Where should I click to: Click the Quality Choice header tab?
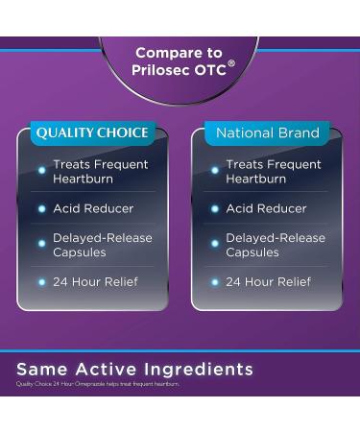coord(92,133)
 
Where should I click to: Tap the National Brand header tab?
coord(267,133)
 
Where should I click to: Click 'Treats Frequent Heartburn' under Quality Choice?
coord(100,172)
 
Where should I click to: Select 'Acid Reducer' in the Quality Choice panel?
coord(93,208)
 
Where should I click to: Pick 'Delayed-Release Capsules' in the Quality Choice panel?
coord(102,245)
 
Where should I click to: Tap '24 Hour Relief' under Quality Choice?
coord(95,282)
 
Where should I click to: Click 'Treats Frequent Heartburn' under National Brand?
coord(273,172)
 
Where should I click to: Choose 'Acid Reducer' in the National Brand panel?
coord(266,208)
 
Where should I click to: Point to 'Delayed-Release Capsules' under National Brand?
coord(275,245)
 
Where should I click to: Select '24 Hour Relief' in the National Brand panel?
coord(268,282)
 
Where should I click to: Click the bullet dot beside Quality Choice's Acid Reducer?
coord(41,208)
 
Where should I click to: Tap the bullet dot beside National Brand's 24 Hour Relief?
coord(214,282)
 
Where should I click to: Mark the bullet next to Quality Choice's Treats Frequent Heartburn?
coord(41,171)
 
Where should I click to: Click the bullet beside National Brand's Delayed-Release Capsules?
coord(214,244)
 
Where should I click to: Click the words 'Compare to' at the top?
coord(179,54)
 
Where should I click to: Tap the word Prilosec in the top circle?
coord(163,71)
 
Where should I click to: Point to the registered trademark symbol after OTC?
coord(231,65)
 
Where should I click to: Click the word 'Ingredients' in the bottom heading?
coord(199,370)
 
